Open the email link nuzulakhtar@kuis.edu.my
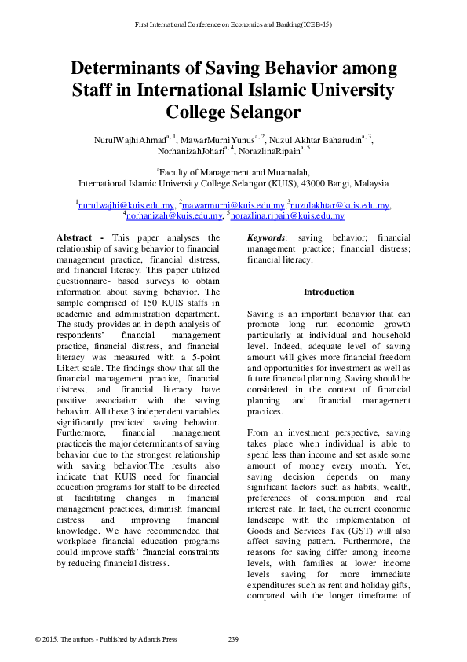(x=340, y=205)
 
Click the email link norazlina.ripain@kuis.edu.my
(x=287, y=215)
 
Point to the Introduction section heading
(x=329, y=292)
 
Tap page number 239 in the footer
(x=233, y=638)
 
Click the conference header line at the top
(x=233, y=24)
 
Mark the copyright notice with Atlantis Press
(x=107, y=638)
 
